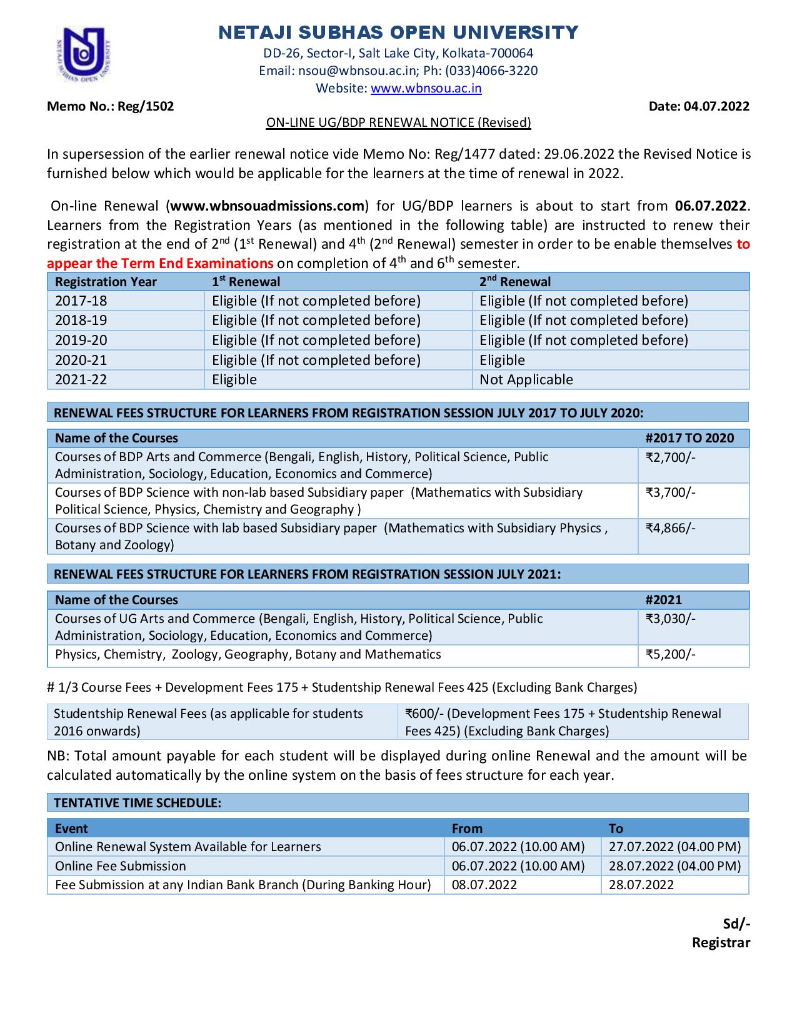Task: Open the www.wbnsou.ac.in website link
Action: click(426, 88)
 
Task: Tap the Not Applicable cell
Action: click(526, 379)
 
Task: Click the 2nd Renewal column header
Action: click(515, 282)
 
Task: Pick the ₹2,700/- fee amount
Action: click(670, 457)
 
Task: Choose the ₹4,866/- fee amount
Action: click(670, 528)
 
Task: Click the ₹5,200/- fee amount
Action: click(670, 654)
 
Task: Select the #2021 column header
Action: click(663, 600)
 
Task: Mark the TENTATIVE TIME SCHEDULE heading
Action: click(138, 803)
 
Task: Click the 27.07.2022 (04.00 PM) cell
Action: click(674, 847)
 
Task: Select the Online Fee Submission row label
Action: click(121, 866)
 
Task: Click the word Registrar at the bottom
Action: click(720, 942)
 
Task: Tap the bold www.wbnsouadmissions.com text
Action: click(268, 206)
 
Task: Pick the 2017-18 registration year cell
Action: click(81, 301)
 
